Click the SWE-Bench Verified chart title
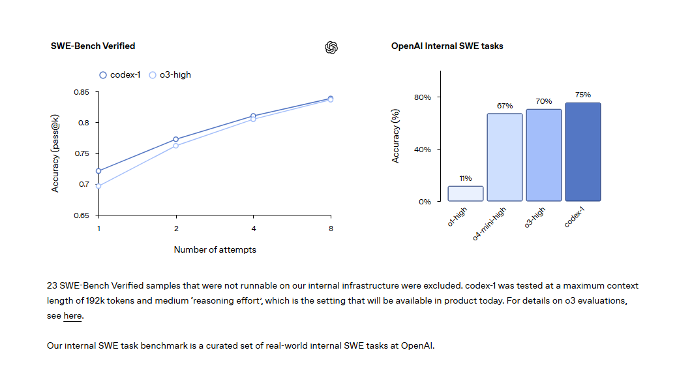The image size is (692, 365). (x=93, y=46)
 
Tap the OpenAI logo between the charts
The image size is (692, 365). (x=331, y=48)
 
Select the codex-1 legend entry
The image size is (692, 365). (x=120, y=75)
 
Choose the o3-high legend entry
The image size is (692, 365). (x=170, y=75)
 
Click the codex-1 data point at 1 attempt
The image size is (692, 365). (x=98, y=171)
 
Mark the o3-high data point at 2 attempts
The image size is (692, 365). (x=176, y=146)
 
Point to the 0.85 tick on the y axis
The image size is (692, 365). (x=81, y=92)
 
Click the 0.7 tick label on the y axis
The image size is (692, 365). (x=83, y=184)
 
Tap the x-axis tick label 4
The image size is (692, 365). (x=253, y=229)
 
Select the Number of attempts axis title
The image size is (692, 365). (x=215, y=249)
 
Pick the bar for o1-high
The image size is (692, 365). (x=465, y=193)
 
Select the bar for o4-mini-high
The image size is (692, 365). (x=505, y=157)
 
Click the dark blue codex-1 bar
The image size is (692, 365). (x=583, y=152)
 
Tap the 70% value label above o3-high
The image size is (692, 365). (x=544, y=101)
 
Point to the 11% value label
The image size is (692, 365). (x=465, y=178)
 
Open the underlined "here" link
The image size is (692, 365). (x=72, y=316)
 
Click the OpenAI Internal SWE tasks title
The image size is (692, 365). (x=447, y=46)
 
